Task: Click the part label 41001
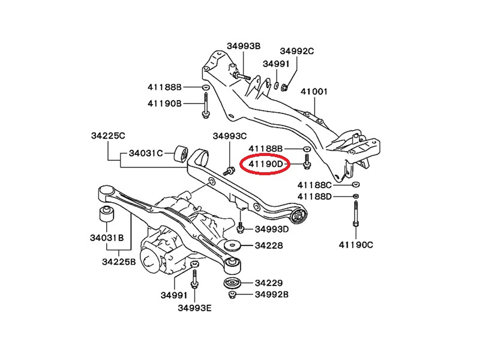(314, 92)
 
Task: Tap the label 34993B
(243, 46)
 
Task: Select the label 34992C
(296, 52)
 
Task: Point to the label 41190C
(356, 244)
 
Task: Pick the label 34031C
(144, 153)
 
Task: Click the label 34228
(268, 245)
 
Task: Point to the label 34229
(268, 283)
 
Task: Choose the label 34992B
(272, 295)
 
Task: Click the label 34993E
(194, 308)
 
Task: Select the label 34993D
(271, 229)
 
